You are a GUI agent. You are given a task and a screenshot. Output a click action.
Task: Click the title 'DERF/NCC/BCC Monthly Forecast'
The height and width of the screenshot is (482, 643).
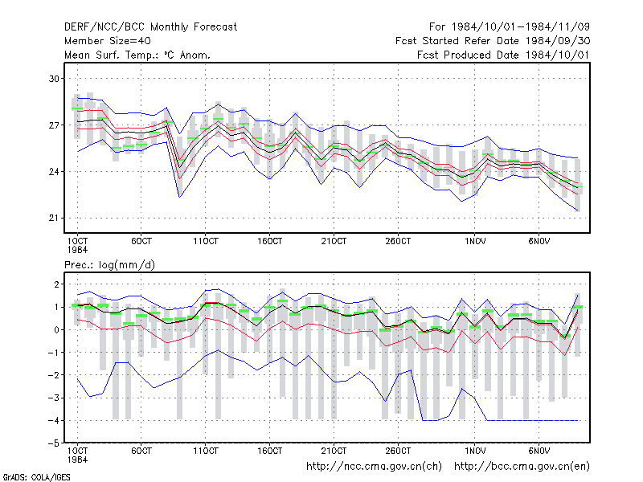pos(150,27)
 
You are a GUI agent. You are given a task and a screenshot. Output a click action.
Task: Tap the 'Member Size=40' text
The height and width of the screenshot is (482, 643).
pos(108,41)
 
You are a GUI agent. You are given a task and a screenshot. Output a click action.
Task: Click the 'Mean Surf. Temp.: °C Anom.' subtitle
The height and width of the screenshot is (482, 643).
pos(137,55)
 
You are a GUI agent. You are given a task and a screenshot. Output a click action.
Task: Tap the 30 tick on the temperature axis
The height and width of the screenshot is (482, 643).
pos(54,78)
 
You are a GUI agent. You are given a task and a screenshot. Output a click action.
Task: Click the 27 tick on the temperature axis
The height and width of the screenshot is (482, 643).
pos(54,125)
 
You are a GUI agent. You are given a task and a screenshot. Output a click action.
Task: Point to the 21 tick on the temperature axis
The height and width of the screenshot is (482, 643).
pos(54,218)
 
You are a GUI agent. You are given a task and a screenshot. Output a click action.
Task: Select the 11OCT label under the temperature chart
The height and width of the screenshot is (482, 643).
pos(206,242)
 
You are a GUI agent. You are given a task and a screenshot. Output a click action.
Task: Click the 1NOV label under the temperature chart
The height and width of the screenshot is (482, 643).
pos(475,242)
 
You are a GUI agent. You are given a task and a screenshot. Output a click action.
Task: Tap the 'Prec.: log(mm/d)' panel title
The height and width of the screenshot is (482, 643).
pos(109,265)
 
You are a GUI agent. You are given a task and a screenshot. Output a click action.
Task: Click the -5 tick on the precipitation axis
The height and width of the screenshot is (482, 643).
pos(54,443)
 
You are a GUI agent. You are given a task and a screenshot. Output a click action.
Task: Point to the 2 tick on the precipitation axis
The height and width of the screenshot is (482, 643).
pos(56,284)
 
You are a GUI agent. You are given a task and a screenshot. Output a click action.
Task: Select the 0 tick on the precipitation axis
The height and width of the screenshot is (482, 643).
pos(56,330)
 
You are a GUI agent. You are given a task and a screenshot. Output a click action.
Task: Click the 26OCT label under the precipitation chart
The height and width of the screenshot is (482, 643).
pos(398,451)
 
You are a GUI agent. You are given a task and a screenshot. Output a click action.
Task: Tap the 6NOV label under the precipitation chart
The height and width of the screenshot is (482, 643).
pos(539,451)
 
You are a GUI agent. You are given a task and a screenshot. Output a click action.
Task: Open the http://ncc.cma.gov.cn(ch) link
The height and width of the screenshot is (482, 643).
pos(374,467)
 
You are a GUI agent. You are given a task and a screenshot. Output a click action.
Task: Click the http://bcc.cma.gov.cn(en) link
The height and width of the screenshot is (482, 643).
pos(522,467)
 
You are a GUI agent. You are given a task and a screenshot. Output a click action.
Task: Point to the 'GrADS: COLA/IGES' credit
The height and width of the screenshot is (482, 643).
pos(36,477)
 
